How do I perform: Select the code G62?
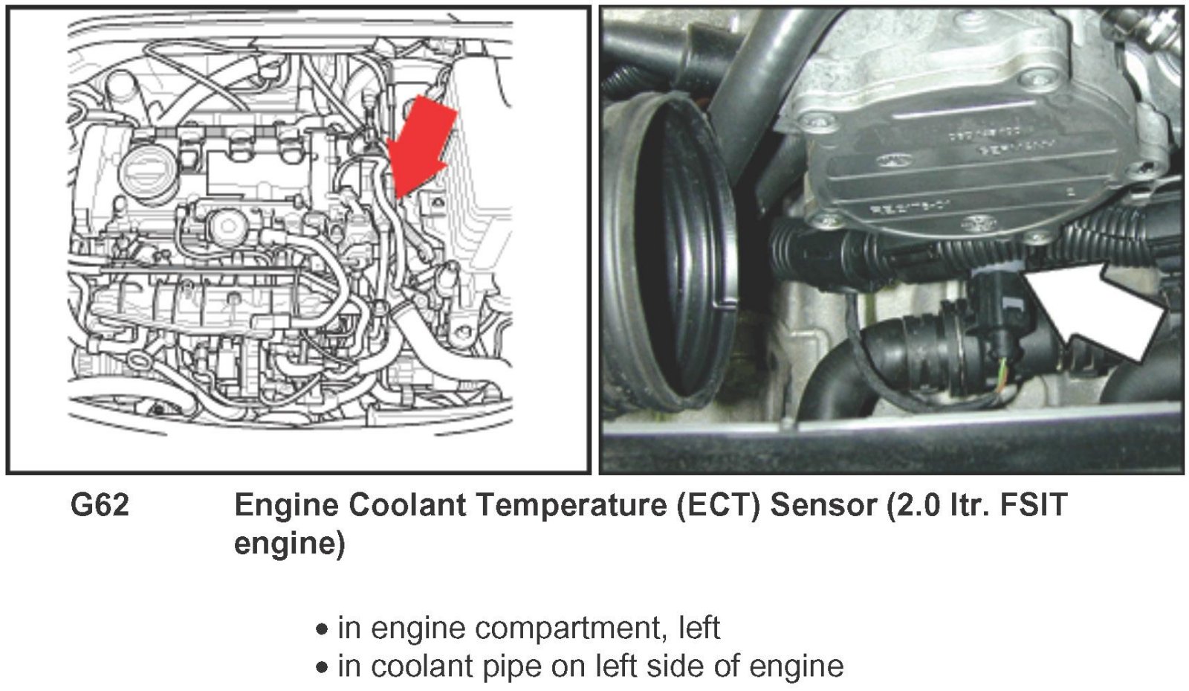pyautogui.click(x=100, y=504)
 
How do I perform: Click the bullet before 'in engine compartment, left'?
pyautogui.click(x=322, y=630)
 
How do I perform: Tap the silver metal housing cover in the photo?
pyautogui.click(x=971, y=133)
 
